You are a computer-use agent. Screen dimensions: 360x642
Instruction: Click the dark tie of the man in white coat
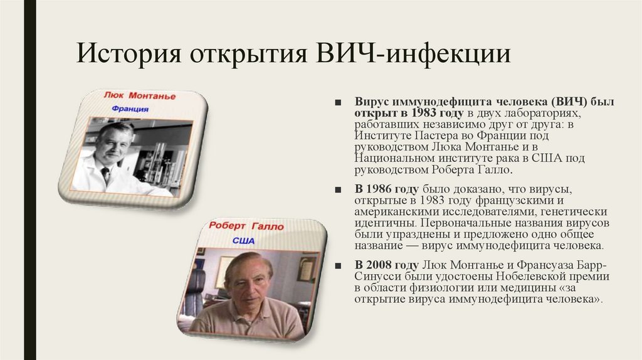pyautogui.click(x=105, y=175)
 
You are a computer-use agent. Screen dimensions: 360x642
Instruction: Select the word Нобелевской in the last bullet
pyautogui.click(x=519, y=277)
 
